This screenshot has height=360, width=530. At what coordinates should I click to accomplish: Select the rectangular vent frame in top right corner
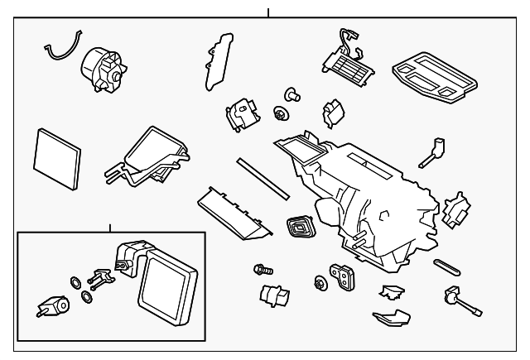(x=435, y=79)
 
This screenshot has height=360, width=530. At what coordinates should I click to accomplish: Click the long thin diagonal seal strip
(x=262, y=179)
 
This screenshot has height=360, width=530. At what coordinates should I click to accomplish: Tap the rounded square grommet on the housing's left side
(x=298, y=225)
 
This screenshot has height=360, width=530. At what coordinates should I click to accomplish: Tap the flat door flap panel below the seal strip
(x=235, y=213)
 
